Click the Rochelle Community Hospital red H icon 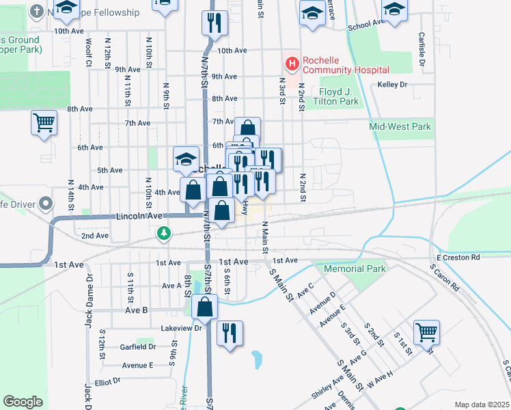tap(292, 64)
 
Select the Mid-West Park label tap(400, 126)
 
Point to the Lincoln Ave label tap(139, 216)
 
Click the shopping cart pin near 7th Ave tap(44, 124)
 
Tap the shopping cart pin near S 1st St tap(426, 333)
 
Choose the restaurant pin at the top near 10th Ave tap(215, 23)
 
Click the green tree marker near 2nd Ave tap(163, 234)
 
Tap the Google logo tap(23, 402)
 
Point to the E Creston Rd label tap(458, 257)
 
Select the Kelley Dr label tap(392, 85)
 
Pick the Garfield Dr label tap(138, 347)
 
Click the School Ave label tap(365, 25)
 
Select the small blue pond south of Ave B tap(256, 358)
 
